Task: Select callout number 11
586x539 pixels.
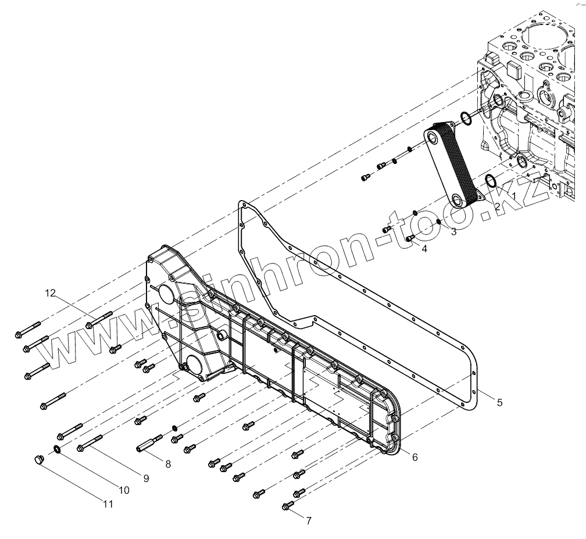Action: [x=108, y=504]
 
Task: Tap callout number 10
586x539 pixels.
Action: [x=124, y=490]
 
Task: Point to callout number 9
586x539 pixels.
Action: [x=146, y=479]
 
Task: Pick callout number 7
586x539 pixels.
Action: [x=309, y=520]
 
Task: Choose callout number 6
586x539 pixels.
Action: [x=415, y=458]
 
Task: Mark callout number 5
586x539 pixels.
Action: [x=499, y=402]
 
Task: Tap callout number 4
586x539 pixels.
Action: [x=424, y=249]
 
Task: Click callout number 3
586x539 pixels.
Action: [x=453, y=232]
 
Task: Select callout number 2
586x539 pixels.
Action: [x=497, y=206]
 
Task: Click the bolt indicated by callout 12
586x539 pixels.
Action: [x=99, y=319]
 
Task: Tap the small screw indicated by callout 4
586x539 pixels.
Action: [x=409, y=238]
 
